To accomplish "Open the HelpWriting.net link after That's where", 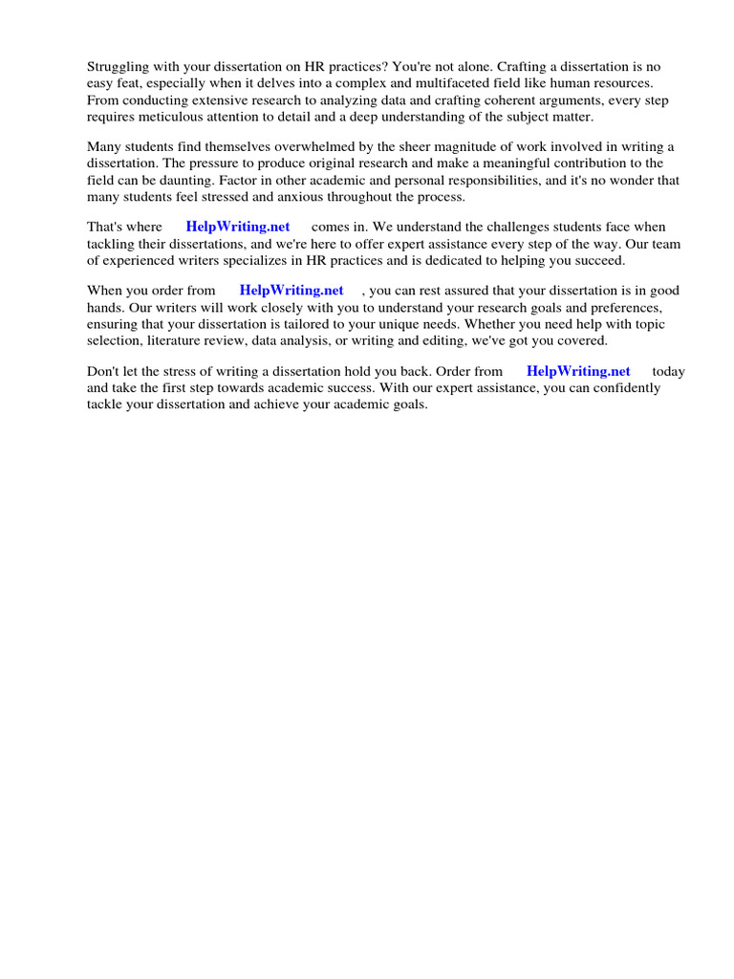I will point(238,228).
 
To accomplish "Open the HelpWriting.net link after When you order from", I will point(291,291).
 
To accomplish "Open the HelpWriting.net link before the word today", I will point(578,372).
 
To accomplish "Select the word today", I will point(669,372).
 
